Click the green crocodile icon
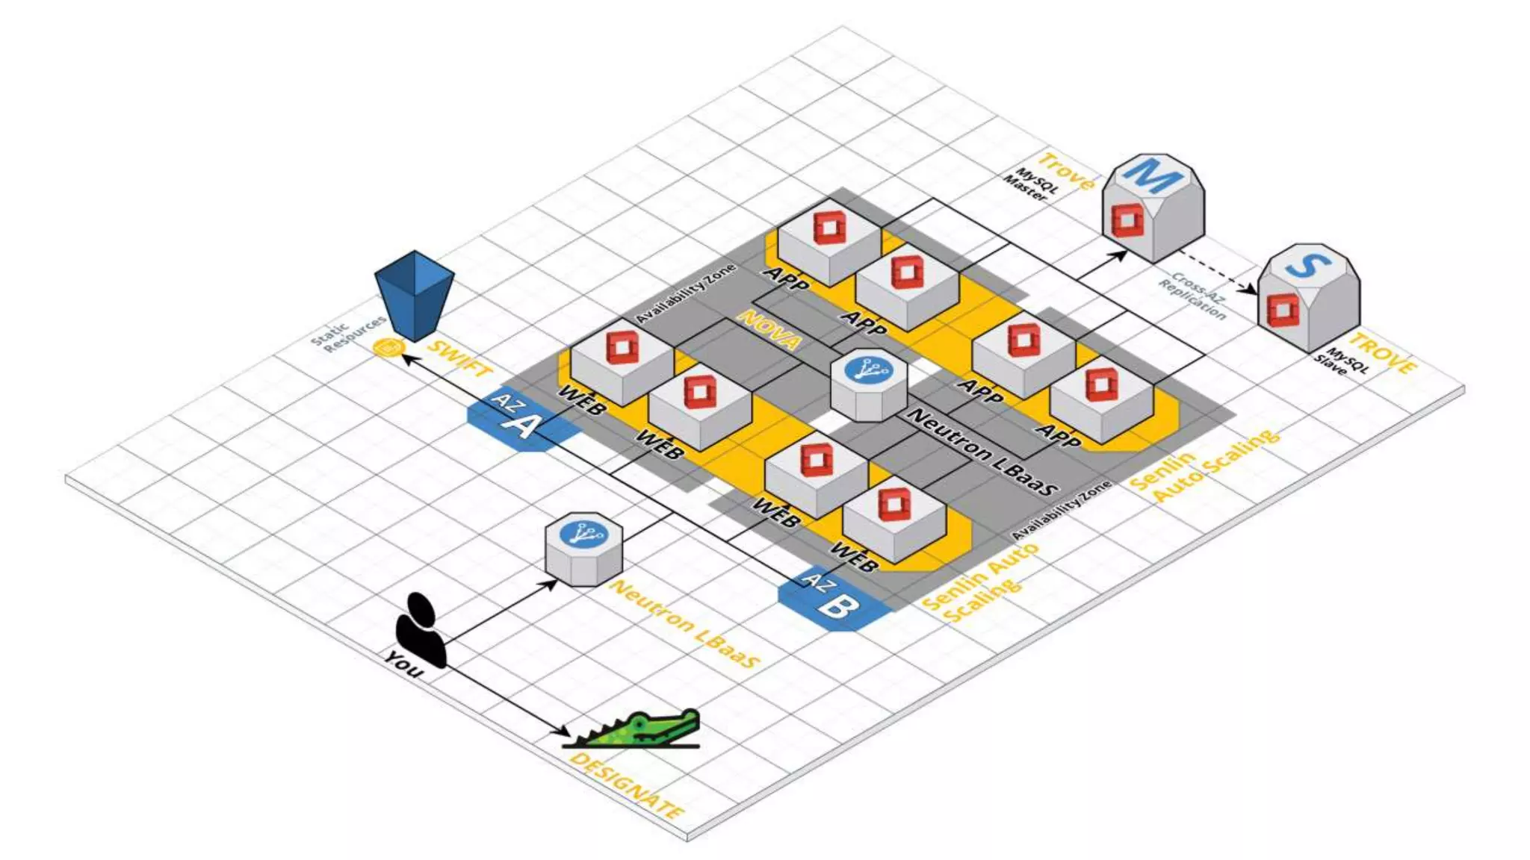pos(642,729)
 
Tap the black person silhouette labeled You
pos(421,631)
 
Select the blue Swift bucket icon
pos(414,296)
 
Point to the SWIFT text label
pos(459,358)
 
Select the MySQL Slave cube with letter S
pos(1308,296)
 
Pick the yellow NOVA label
pos(769,329)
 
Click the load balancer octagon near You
pos(583,548)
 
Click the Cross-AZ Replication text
pos(1193,296)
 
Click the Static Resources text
pos(347,335)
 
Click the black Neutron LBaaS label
pos(982,452)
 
